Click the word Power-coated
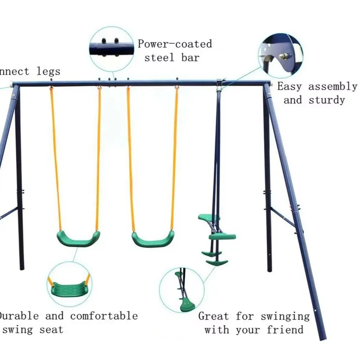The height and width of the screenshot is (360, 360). coord(175,44)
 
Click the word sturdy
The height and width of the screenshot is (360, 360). coord(327,100)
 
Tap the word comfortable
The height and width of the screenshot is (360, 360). coord(104,316)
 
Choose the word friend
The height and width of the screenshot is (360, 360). coord(285,330)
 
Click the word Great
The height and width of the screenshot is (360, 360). coord(214,316)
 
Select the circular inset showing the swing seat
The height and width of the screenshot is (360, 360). coord(69,284)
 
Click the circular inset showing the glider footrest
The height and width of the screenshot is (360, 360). coord(181,290)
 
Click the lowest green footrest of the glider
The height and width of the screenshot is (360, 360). coord(217,263)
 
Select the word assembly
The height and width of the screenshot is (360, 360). coord(333,87)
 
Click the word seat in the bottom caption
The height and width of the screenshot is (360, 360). coord(51,330)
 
